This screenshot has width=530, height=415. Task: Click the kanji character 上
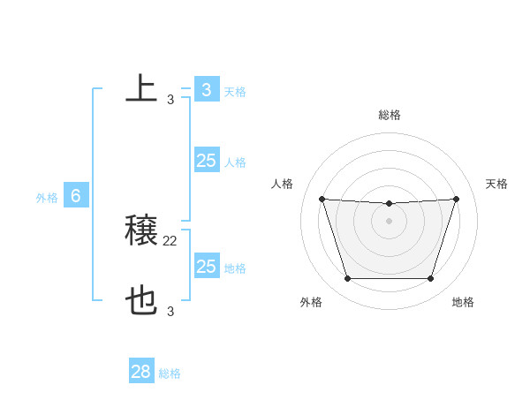click(x=141, y=89)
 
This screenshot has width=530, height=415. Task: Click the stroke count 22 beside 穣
click(x=170, y=240)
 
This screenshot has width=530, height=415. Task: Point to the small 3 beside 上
click(x=170, y=100)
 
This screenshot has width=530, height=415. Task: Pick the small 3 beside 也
click(x=170, y=311)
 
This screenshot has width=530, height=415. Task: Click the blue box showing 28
click(x=141, y=372)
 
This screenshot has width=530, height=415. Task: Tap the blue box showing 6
click(x=76, y=196)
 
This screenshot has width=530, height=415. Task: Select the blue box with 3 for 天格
click(x=207, y=89)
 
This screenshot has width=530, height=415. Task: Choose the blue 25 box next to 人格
click(x=207, y=161)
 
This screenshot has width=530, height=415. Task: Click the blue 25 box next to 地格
click(x=207, y=267)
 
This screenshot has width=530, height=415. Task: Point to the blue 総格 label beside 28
click(x=170, y=373)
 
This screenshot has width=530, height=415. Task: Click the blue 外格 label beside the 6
click(x=47, y=198)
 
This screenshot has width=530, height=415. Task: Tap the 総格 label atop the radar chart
click(x=390, y=115)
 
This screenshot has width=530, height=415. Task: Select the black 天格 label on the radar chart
click(x=497, y=184)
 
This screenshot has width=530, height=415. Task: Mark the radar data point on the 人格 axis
click(x=322, y=199)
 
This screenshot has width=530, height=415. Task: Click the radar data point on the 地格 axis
click(x=430, y=278)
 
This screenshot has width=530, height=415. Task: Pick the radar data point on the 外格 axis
click(x=347, y=278)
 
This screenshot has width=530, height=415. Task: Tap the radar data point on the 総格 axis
click(x=389, y=204)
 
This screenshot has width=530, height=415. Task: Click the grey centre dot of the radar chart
click(x=389, y=221)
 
